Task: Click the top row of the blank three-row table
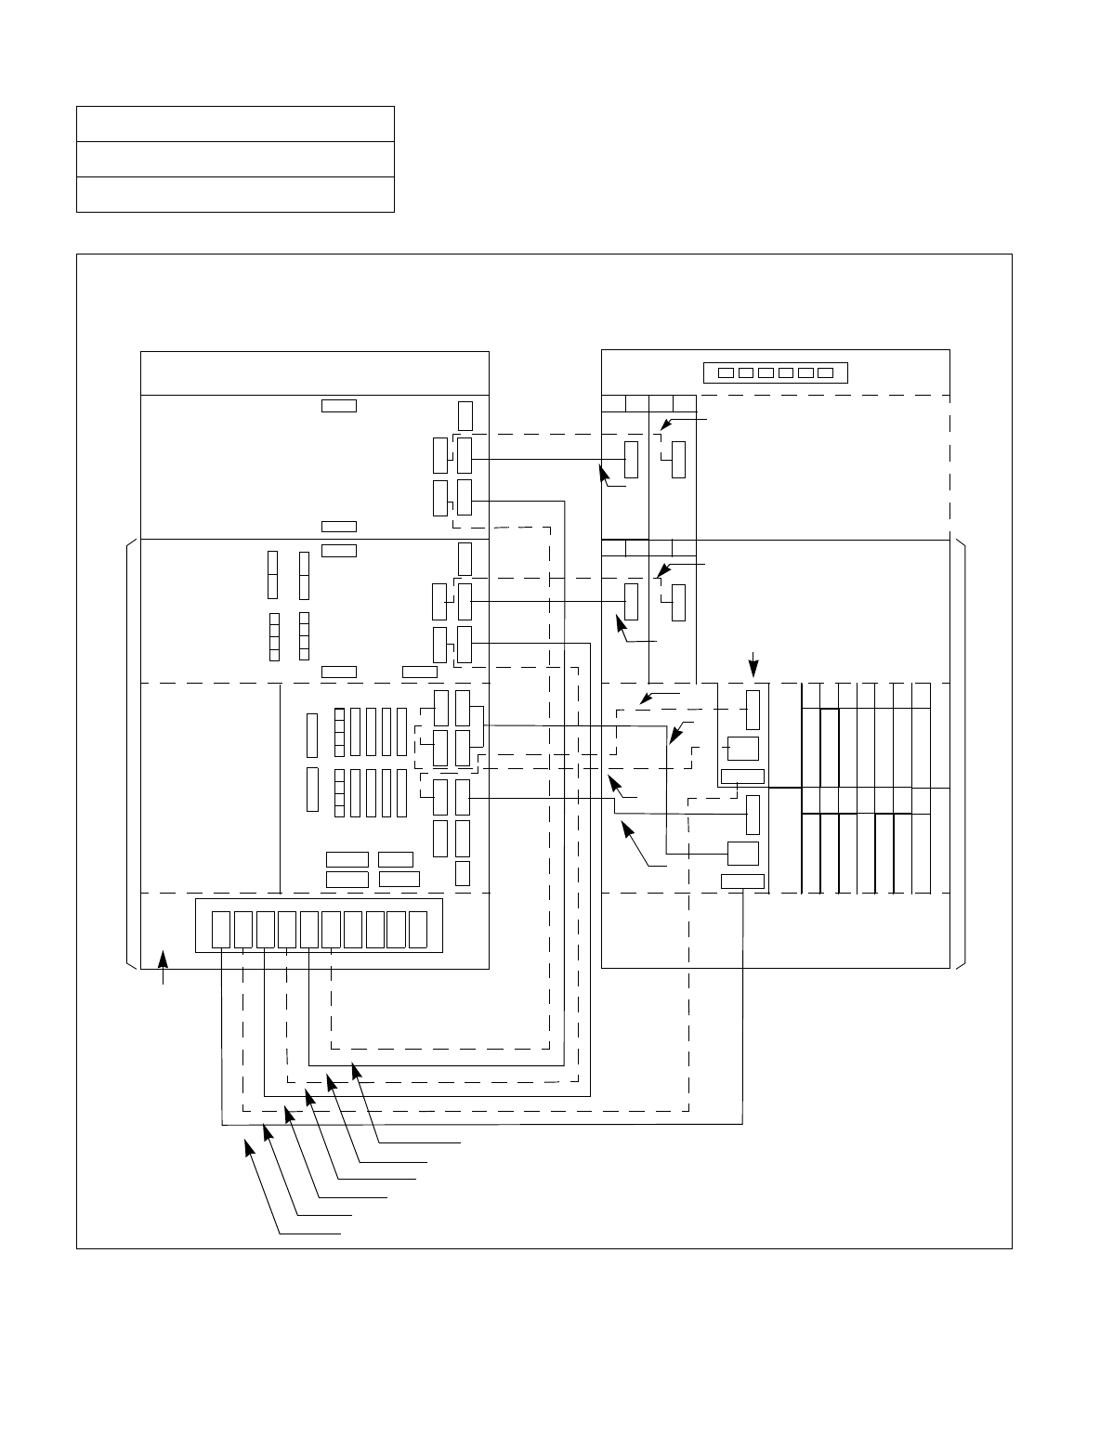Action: [x=235, y=124]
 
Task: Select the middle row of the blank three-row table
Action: [x=235, y=159]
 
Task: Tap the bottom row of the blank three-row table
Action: [x=235, y=194]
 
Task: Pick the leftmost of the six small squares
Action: [x=727, y=373]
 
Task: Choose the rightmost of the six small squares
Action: [x=825, y=373]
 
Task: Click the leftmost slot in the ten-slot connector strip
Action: [x=220, y=930]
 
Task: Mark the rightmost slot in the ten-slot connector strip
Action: [x=417, y=930]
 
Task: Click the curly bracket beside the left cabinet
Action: [x=129, y=753]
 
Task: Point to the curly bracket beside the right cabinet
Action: [x=962, y=753]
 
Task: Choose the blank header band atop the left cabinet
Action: [x=314, y=373]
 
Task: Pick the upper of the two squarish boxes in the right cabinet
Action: [x=742, y=748]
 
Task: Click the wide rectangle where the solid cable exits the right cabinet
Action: [x=742, y=881]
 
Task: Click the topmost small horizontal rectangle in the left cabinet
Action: [x=338, y=405]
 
